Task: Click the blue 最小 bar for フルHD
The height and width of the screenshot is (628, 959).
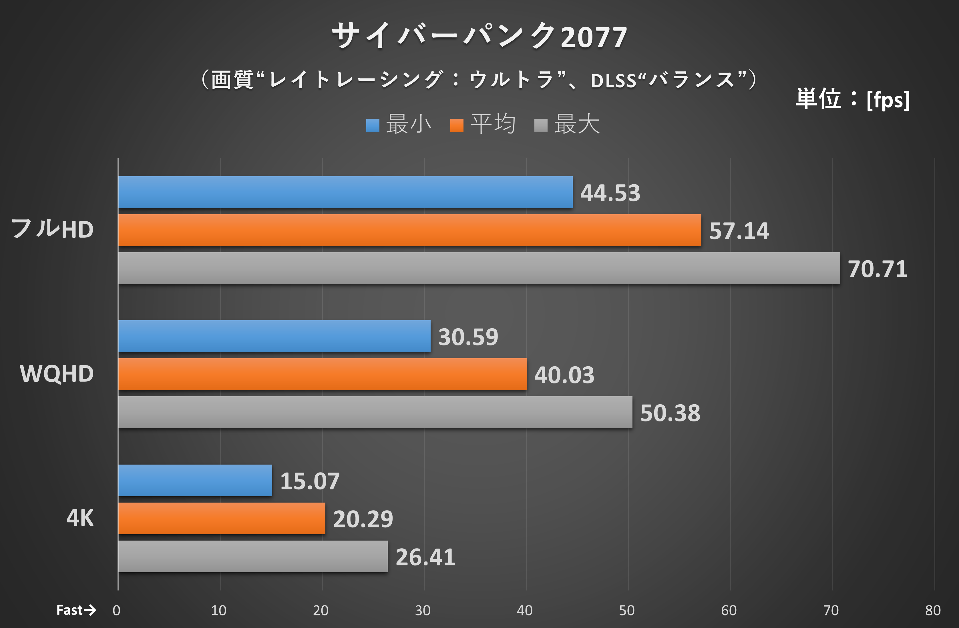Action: click(x=345, y=192)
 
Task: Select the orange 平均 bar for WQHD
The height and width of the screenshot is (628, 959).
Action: click(x=322, y=374)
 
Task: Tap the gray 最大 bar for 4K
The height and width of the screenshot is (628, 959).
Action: click(x=253, y=556)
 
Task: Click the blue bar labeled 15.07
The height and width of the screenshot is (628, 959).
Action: click(x=195, y=480)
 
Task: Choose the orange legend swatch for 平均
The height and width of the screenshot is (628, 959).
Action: click(x=457, y=125)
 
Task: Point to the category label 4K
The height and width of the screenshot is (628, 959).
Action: click(x=80, y=518)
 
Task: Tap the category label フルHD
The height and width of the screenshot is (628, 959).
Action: click(x=52, y=229)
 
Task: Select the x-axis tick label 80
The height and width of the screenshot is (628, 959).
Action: click(x=932, y=611)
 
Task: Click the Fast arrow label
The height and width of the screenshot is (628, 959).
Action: click(x=76, y=610)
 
